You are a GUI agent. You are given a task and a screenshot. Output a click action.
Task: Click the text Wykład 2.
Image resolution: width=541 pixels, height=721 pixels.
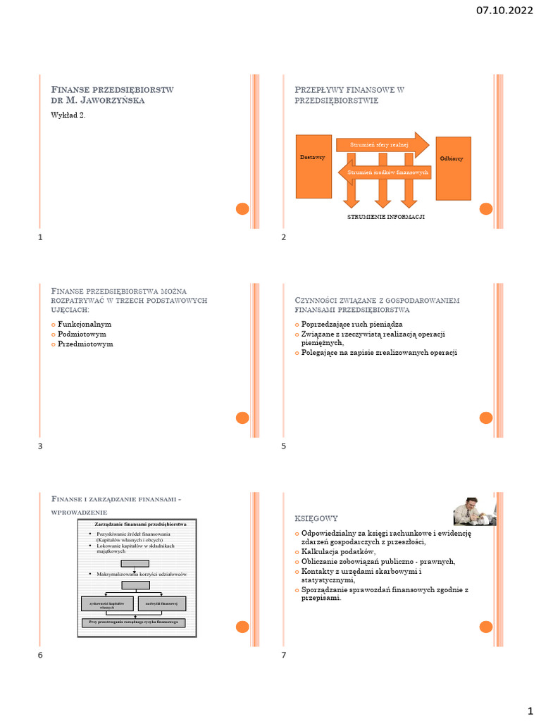point(68,115)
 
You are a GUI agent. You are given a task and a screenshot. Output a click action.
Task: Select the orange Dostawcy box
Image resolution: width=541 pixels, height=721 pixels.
point(313,166)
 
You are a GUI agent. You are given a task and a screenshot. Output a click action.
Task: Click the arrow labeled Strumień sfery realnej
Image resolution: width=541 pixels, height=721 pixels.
point(383,144)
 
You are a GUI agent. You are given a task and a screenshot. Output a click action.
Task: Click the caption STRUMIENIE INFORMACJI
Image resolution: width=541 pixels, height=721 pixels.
point(386,217)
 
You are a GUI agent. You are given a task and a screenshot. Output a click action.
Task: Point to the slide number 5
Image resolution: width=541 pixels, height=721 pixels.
point(283,446)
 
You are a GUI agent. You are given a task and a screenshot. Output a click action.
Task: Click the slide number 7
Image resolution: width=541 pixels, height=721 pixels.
point(283,656)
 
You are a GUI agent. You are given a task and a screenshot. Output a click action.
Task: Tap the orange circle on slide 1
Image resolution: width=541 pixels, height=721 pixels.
point(242,208)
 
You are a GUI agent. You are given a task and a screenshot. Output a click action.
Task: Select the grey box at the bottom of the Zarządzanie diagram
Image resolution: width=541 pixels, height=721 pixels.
point(135,623)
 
